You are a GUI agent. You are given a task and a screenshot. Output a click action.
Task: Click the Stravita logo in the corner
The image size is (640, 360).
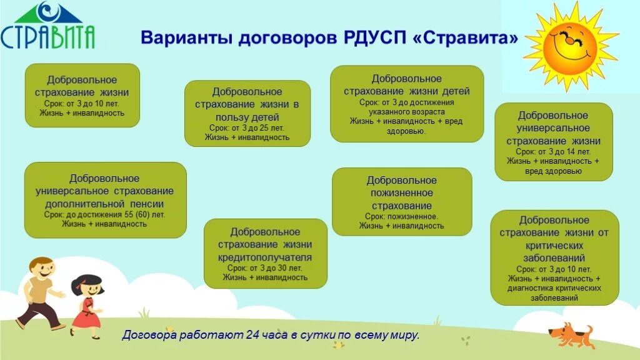point(47,27)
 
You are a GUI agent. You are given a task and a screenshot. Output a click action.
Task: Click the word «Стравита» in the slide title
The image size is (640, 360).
point(466,38)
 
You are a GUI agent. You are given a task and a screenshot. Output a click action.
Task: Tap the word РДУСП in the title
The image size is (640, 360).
point(375,38)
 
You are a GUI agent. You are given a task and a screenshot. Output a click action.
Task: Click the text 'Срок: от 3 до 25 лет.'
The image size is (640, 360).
point(247,127)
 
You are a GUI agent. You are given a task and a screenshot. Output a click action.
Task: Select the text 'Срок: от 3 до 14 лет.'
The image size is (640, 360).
point(553,152)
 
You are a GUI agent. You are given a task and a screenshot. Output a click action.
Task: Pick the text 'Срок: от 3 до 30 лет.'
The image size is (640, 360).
point(265,267)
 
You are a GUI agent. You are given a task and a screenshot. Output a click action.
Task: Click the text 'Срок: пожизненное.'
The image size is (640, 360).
point(401,216)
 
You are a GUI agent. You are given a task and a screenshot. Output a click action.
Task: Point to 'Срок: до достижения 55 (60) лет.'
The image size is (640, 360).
point(105,214)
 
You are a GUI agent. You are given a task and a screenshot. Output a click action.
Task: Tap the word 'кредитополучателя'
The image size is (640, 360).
point(265,257)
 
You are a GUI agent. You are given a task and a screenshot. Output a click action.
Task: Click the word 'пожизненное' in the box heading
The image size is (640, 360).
point(402,193)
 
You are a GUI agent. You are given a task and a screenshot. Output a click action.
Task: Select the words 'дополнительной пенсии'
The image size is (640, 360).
point(105,203)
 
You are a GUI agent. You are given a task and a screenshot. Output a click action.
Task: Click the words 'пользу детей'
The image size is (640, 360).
point(247,117)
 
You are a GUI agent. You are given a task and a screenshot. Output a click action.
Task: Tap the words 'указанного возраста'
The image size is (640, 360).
point(406,111)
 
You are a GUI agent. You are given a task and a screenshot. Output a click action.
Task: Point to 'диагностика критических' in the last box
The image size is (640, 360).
point(554,288)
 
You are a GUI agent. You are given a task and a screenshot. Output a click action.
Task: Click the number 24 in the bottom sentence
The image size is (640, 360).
point(252,336)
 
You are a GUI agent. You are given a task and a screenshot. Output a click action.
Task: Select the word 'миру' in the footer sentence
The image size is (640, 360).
point(402,336)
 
